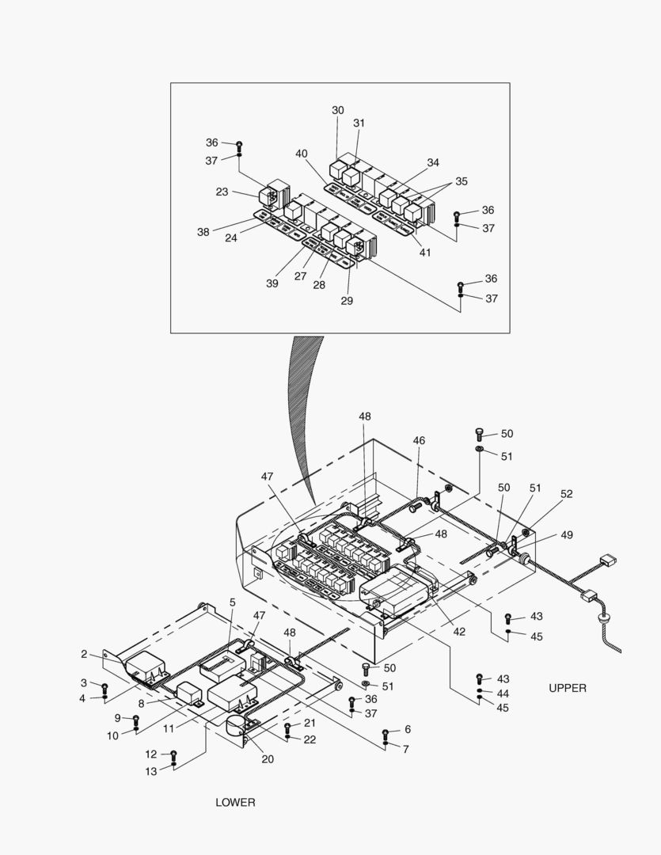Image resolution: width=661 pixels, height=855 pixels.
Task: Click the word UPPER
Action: [x=568, y=688]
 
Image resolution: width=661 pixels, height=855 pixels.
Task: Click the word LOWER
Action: [x=235, y=802]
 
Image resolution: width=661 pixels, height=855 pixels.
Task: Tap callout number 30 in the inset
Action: [x=338, y=110]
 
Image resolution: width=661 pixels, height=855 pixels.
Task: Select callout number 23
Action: [x=222, y=192]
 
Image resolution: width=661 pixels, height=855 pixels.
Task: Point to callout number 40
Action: [x=301, y=153]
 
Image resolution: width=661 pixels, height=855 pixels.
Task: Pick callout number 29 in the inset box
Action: [x=348, y=301]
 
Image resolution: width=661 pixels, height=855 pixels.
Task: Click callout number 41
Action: [x=425, y=253]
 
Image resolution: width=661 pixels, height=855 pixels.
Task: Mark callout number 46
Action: [x=419, y=440]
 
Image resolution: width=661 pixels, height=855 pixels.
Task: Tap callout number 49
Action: [x=566, y=535]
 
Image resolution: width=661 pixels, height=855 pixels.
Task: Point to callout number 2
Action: [x=84, y=654]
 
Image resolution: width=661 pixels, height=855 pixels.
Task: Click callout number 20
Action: [x=268, y=758]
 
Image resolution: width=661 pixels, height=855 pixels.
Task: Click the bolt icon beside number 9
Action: [x=135, y=719]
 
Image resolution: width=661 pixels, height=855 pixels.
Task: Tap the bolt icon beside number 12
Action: [x=174, y=754]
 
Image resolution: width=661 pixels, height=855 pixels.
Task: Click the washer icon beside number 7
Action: [x=386, y=744]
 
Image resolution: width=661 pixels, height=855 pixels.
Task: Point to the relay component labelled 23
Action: [x=272, y=193]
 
